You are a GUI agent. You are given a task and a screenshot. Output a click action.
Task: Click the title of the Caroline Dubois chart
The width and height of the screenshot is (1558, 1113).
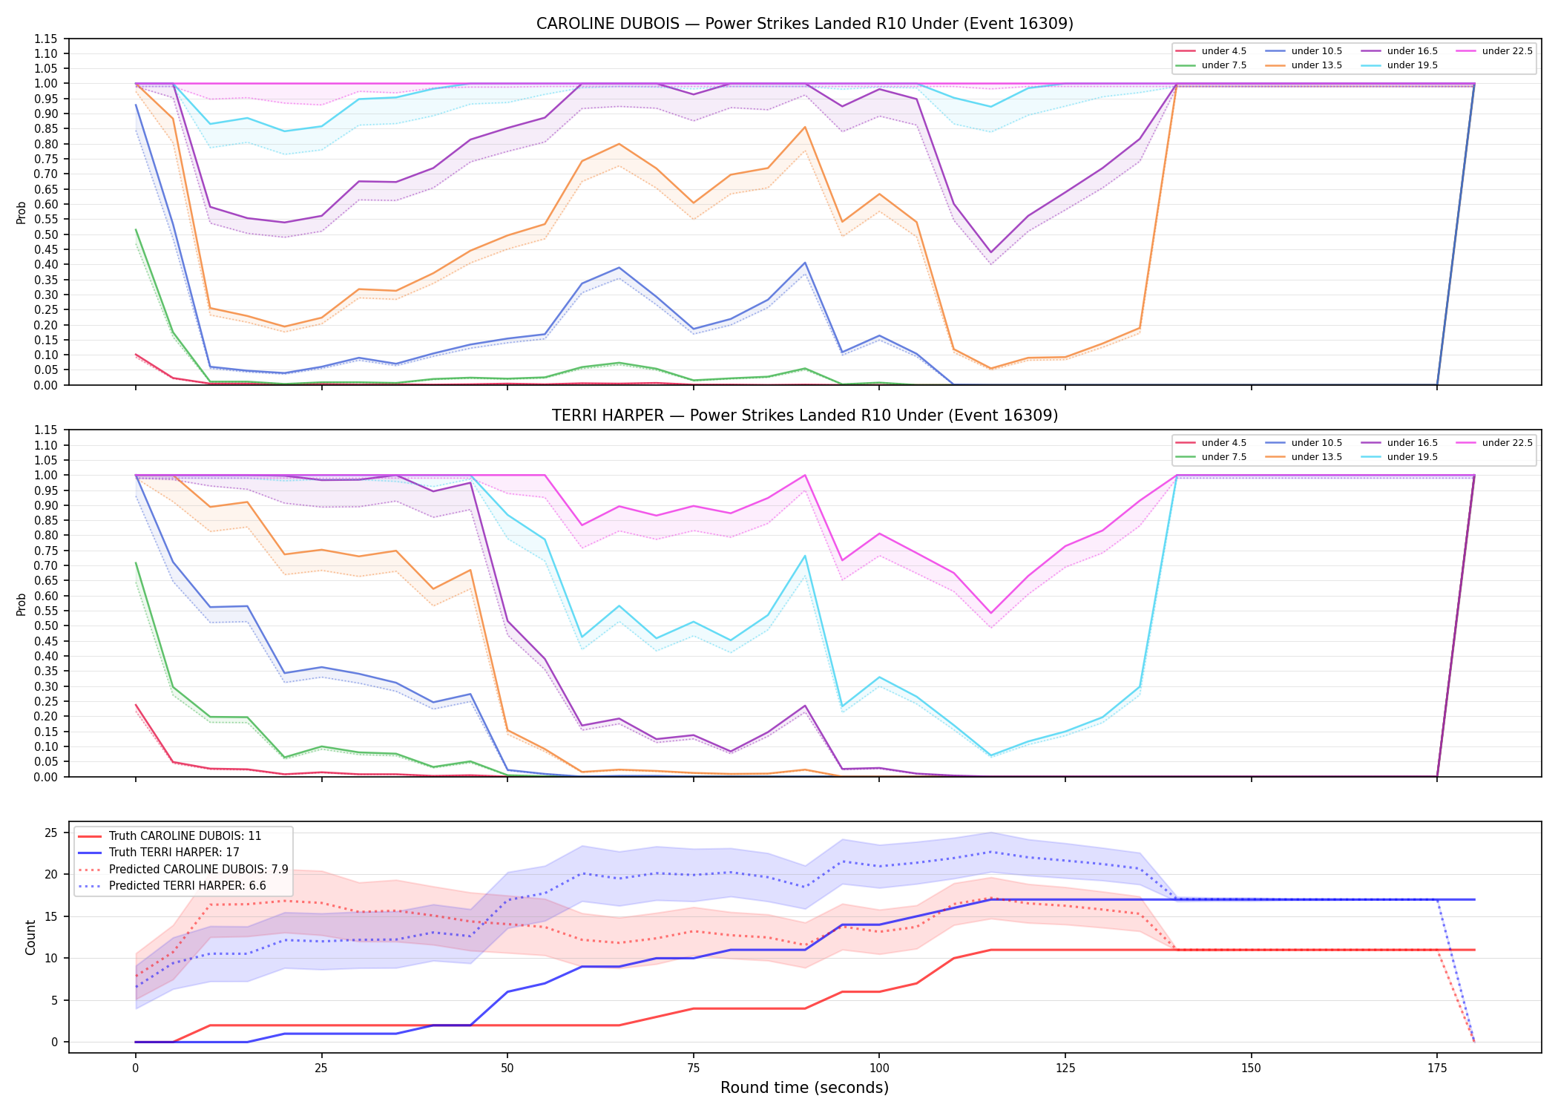(804, 24)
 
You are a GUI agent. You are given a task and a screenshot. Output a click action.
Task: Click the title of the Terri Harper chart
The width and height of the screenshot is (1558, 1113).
(804, 416)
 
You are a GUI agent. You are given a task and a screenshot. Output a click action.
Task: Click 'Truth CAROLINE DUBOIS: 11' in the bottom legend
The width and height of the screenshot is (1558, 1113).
(185, 836)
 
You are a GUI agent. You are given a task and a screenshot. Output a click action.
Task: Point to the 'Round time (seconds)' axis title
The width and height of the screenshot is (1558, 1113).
(804, 1088)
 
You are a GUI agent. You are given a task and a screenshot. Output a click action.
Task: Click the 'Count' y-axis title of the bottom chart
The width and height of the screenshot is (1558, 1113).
(30, 937)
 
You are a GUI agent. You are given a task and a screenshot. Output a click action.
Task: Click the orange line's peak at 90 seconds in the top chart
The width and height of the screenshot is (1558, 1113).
(805, 127)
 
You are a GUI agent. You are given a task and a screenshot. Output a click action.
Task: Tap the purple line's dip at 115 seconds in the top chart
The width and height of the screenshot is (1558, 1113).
(990, 252)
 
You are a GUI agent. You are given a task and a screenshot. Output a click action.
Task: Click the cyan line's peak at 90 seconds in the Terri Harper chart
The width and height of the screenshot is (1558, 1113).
(805, 556)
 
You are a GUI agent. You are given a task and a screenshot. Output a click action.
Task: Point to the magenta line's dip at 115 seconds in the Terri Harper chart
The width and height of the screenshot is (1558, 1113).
(990, 613)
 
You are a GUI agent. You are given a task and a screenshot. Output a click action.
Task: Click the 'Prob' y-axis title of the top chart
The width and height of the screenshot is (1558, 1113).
(22, 212)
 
